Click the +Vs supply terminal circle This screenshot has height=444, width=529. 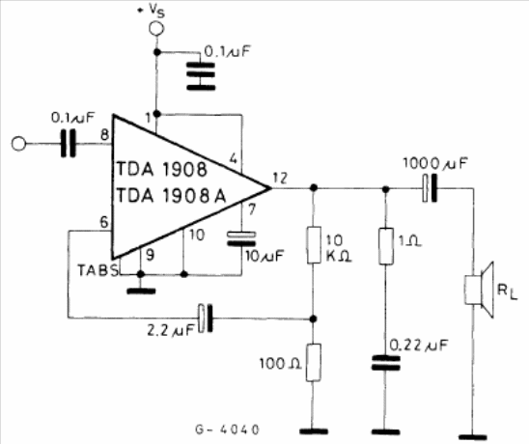click(x=156, y=28)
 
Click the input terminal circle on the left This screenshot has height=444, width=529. click(x=18, y=144)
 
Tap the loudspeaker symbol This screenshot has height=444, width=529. click(x=479, y=290)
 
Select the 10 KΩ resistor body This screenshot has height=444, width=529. click(x=314, y=245)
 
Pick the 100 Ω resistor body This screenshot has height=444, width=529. click(x=314, y=363)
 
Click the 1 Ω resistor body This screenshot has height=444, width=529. click(x=386, y=246)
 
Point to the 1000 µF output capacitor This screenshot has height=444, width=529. click(x=430, y=188)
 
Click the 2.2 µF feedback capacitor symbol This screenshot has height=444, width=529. click(x=206, y=318)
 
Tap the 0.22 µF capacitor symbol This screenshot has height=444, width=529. click(x=386, y=363)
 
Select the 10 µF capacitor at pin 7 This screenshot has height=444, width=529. click(x=241, y=238)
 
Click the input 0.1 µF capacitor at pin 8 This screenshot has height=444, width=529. click(x=69, y=144)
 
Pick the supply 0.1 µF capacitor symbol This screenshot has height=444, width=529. click(x=201, y=76)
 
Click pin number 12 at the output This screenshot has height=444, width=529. click(x=280, y=178)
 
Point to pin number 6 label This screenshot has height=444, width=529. click(x=104, y=222)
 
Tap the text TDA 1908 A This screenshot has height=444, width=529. click(x=172, y=196)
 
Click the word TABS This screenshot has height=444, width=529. click(x=98, y=270)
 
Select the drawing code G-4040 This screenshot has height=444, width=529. click(x=228, y=430)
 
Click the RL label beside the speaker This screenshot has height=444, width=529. click(x=507, y=291)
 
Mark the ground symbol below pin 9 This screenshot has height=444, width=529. click(x=141, y=291)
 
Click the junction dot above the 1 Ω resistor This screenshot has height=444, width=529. click(x=386, y=189)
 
